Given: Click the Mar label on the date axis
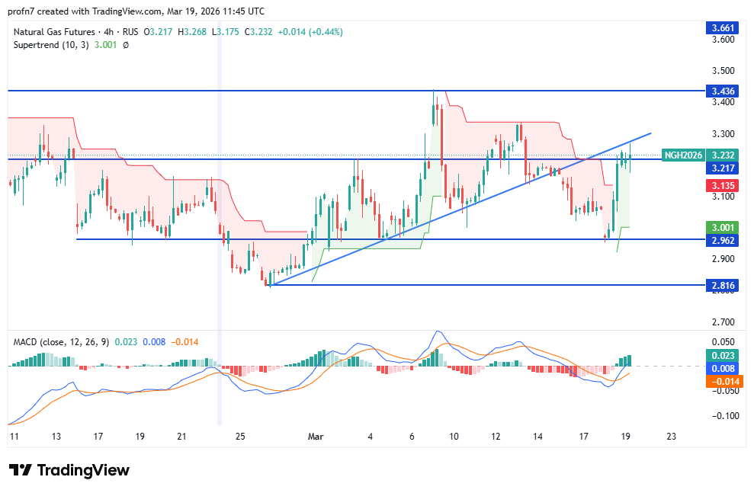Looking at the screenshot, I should tap(316, 437).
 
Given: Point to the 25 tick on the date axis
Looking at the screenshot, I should tap(242, 437).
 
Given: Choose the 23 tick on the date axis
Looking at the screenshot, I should tap(671, 437).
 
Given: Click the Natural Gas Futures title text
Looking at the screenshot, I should tap(53, 32).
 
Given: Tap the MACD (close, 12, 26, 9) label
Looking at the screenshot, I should tap(61, 341).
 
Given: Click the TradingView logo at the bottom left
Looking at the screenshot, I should tap(69, 470).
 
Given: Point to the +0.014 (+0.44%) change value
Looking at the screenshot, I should tap(311, 32).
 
